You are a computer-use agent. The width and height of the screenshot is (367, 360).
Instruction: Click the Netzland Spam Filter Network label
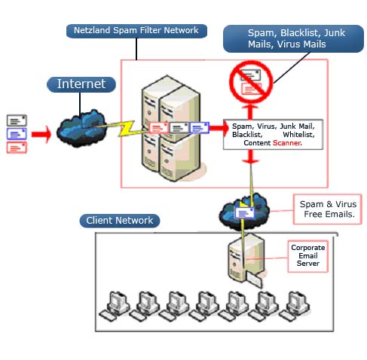(x=136, y=31)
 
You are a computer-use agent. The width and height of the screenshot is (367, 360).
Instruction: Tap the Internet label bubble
(x=81, y=84)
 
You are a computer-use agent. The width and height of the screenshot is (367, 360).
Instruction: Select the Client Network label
(x=120, y=221)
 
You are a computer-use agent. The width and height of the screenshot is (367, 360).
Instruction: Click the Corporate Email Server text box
(x=308, y=256)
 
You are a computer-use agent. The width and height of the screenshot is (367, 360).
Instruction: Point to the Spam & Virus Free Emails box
(x=328, y=209)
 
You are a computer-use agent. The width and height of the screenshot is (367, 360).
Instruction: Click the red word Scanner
(x=287, y=143)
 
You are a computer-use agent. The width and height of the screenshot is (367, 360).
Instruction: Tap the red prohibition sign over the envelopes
(x=251, y=82)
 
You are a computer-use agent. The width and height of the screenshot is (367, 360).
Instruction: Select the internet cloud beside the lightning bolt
(x=81, y=128)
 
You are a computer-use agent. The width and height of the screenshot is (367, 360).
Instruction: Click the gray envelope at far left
(x=17, y=121)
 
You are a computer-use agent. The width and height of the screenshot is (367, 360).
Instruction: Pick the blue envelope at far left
(x=17, y=134)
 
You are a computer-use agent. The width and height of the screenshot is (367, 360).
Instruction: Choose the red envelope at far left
(x=17, y=148)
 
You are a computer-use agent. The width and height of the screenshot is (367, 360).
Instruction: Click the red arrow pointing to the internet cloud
(x=41, y=135)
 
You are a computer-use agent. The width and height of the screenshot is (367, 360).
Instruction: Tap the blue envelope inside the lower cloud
(x=244, y=213)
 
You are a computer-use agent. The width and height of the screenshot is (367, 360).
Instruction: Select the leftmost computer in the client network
(x=115, y=306)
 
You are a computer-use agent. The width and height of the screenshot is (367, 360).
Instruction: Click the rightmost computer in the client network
(x=295, y=306)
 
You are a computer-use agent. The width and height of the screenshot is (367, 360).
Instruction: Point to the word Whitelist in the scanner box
(x=298, y=135)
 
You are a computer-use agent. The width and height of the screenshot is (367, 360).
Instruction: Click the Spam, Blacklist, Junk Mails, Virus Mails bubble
(x=293, y=38)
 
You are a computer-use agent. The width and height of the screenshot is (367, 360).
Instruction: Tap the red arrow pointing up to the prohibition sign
(x=250, y=112)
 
